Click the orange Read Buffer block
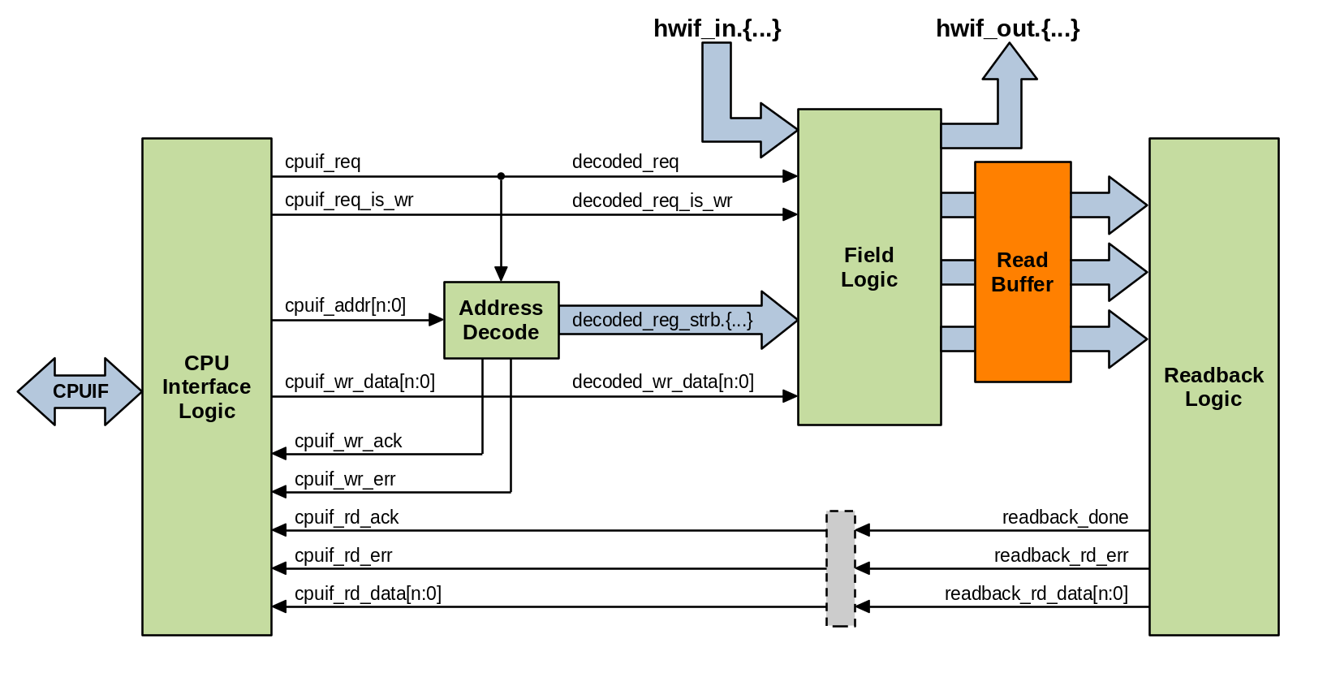click(1022, 272)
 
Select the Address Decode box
click(501, 320)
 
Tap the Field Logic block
click(868, 267)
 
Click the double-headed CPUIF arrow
click(80, 391)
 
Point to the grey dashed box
click(840, 568)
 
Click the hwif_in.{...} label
click(717, 29)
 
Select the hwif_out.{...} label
click(1007, 29)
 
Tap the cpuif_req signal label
click(322, 162)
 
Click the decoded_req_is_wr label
click(652, 201)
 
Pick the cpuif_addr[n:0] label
click(345, 305)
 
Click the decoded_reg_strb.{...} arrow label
click(662, 320)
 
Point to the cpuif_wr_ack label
click(348, 441)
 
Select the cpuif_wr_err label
click(345, 479)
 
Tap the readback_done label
click(1065, 517)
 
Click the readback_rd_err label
click(1061, 555)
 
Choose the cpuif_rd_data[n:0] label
click(368, 593)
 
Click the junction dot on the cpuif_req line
click(501, 176)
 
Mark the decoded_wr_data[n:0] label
click(662, 382)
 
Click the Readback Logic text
click(1213, 387)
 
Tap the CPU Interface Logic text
click(207, 387)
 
